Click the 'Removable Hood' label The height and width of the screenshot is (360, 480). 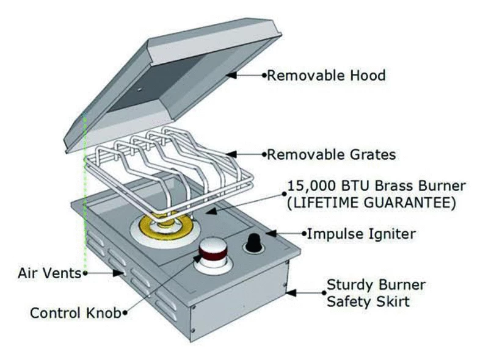pyautogui.click(x=326, y=76)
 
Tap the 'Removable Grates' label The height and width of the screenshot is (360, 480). pyautogui.click(x=332, y=155)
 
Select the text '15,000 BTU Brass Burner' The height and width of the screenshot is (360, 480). pyautogui.click(x=377, y=186)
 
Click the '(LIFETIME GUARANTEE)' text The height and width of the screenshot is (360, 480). pyautogui.click(x=371, y=203)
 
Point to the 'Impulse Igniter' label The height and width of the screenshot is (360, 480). pyautogui.click(x=362, y=234)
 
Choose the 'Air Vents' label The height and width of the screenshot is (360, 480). pyautogui.click(x=49, y=273)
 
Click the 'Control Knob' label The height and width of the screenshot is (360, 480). pyautogui.click(x=75, y=313)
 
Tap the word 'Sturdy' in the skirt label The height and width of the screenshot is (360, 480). pyautogui.click(x=348, y=286)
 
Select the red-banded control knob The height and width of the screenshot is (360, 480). pyautogui.click(x=212, y=253)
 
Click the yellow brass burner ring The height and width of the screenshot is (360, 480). pyautogui.click(x=165, y=226)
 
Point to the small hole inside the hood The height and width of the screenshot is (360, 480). pyautogui.click(x=139, y=90)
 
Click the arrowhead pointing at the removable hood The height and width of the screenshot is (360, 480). pyautogui.click(x=231, y=74)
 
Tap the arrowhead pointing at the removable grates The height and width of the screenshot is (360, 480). pyautogui.click(x=231, y=154)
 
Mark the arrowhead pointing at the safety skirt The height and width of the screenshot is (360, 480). pyautogui.click(x=291, y=293)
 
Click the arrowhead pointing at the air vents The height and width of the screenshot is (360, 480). pyautogui.click(x=118, y=273)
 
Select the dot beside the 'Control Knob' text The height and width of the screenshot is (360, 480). pyautogui.click(x=125, y=313)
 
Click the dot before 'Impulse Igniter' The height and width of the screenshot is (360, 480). pyautogui.click(x=304, y=234)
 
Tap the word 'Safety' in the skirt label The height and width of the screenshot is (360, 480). pyautogui.click(x=348, y=302)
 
